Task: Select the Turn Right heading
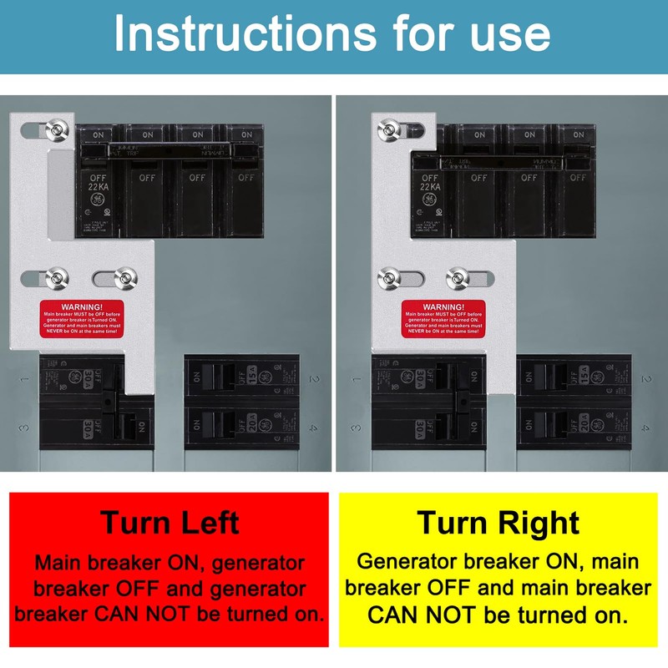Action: (x=498, y=522)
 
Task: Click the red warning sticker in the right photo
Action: (x=443, y=319)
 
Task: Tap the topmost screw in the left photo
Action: (x=57, y=129)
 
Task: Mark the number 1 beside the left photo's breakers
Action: (x=25, y=380)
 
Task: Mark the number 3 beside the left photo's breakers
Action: (x=25, y=427)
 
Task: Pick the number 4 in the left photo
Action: (x=313, y=428)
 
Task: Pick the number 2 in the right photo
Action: (x=645, y=380)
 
